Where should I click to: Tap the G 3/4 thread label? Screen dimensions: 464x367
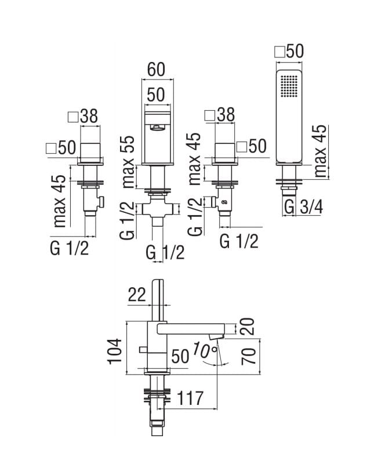304,206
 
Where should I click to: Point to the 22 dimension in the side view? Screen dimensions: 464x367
137,295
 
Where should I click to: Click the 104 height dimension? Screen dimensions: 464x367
117,351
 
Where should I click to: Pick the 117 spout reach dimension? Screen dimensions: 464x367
191,398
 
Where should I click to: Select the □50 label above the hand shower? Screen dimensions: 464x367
288,52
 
